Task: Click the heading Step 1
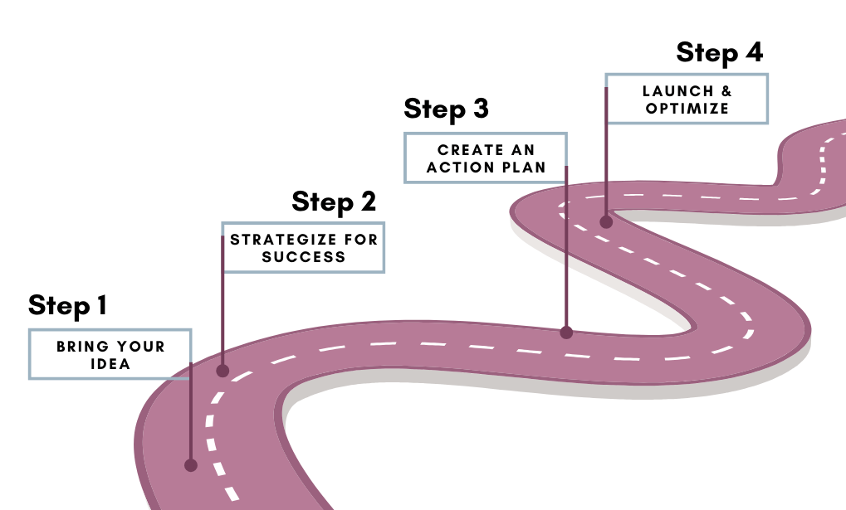pos(67,306)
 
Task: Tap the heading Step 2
pos(334,202)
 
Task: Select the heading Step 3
pos(446,109)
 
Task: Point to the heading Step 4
pos(720,53)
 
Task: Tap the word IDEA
pos(110,364)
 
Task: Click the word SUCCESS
pos(304,257)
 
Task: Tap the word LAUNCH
pos(677,91)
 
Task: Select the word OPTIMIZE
pos(687,109)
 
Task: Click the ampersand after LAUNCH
pos(726,91)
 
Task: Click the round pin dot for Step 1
pos(190,465)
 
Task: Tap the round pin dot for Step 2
pos(223,371)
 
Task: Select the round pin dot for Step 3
pos(566,333)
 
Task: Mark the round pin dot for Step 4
pos(606,221)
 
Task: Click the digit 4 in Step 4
pos(755,51)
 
